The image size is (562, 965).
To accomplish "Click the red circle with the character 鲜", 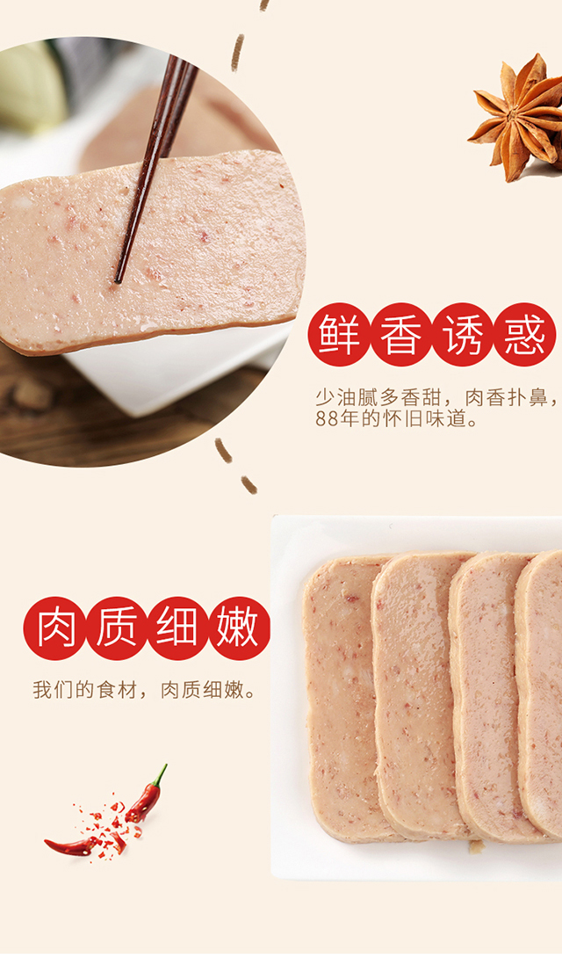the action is [x=340, y=334].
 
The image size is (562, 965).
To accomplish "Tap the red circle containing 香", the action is [x=401, y=334].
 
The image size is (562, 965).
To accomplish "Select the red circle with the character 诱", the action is [x=463, y=334].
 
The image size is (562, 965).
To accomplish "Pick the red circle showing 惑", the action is [x=524, y=334].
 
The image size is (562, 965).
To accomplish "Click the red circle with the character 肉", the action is [x=55, y=628].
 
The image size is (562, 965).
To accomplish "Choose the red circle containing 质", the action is [x=116, y=628].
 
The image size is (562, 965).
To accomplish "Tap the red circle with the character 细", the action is [x=177, y=628].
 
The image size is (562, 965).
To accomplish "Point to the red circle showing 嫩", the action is [x=238, y=628].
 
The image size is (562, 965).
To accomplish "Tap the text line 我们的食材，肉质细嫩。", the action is [x=144, y=690].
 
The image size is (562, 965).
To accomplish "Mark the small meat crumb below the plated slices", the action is [x=475, y=847].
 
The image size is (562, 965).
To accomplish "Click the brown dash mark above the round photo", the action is [x=237, y=53].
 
